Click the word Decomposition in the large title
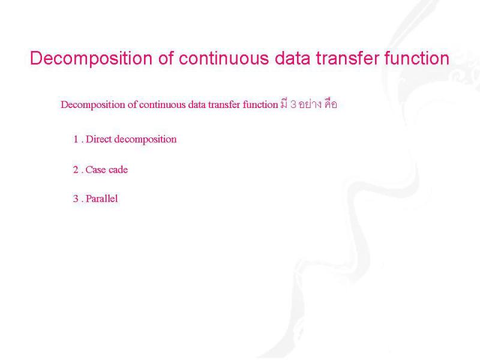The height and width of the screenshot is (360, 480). point(91,58)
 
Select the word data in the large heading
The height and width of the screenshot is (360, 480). point(292,58)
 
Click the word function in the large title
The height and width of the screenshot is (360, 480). point(416,58)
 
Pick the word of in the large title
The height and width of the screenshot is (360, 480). point(166,58)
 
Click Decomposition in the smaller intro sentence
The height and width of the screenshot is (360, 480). point(93,105)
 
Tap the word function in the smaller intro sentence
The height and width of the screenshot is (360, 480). point(260,104)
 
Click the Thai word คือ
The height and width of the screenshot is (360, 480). point(331,104)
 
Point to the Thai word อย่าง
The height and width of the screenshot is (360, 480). point(310,104)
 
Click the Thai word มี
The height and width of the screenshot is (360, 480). point(284,104)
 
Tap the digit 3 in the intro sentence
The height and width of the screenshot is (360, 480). point(293,104)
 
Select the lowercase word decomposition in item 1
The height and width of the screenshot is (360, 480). point(145,140)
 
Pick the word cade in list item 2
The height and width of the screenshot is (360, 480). point(118,170)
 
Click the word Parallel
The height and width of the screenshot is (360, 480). point(101,199)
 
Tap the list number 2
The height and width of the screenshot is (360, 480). point(76,170)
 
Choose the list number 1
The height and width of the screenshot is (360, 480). point(76,139)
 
